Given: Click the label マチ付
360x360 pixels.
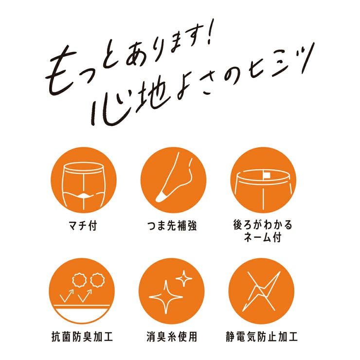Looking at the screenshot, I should click(x=84, y=226).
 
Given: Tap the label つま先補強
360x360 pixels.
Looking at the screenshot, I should click(x=173, y=226).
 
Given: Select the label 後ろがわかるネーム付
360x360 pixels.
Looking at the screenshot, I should click(x=263, y=232).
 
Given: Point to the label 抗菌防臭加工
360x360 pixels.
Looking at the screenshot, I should click(x=84, y=336).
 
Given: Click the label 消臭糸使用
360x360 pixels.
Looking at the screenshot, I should click(x=173, y=336).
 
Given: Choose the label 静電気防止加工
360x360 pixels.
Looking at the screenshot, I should click(x=263, y=336).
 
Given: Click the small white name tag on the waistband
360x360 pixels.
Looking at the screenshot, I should click(x=267, y=174).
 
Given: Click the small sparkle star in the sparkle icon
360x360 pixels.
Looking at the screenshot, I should click(x=183, y=278).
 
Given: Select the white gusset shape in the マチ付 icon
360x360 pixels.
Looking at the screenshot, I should click(x=83, y=195).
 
